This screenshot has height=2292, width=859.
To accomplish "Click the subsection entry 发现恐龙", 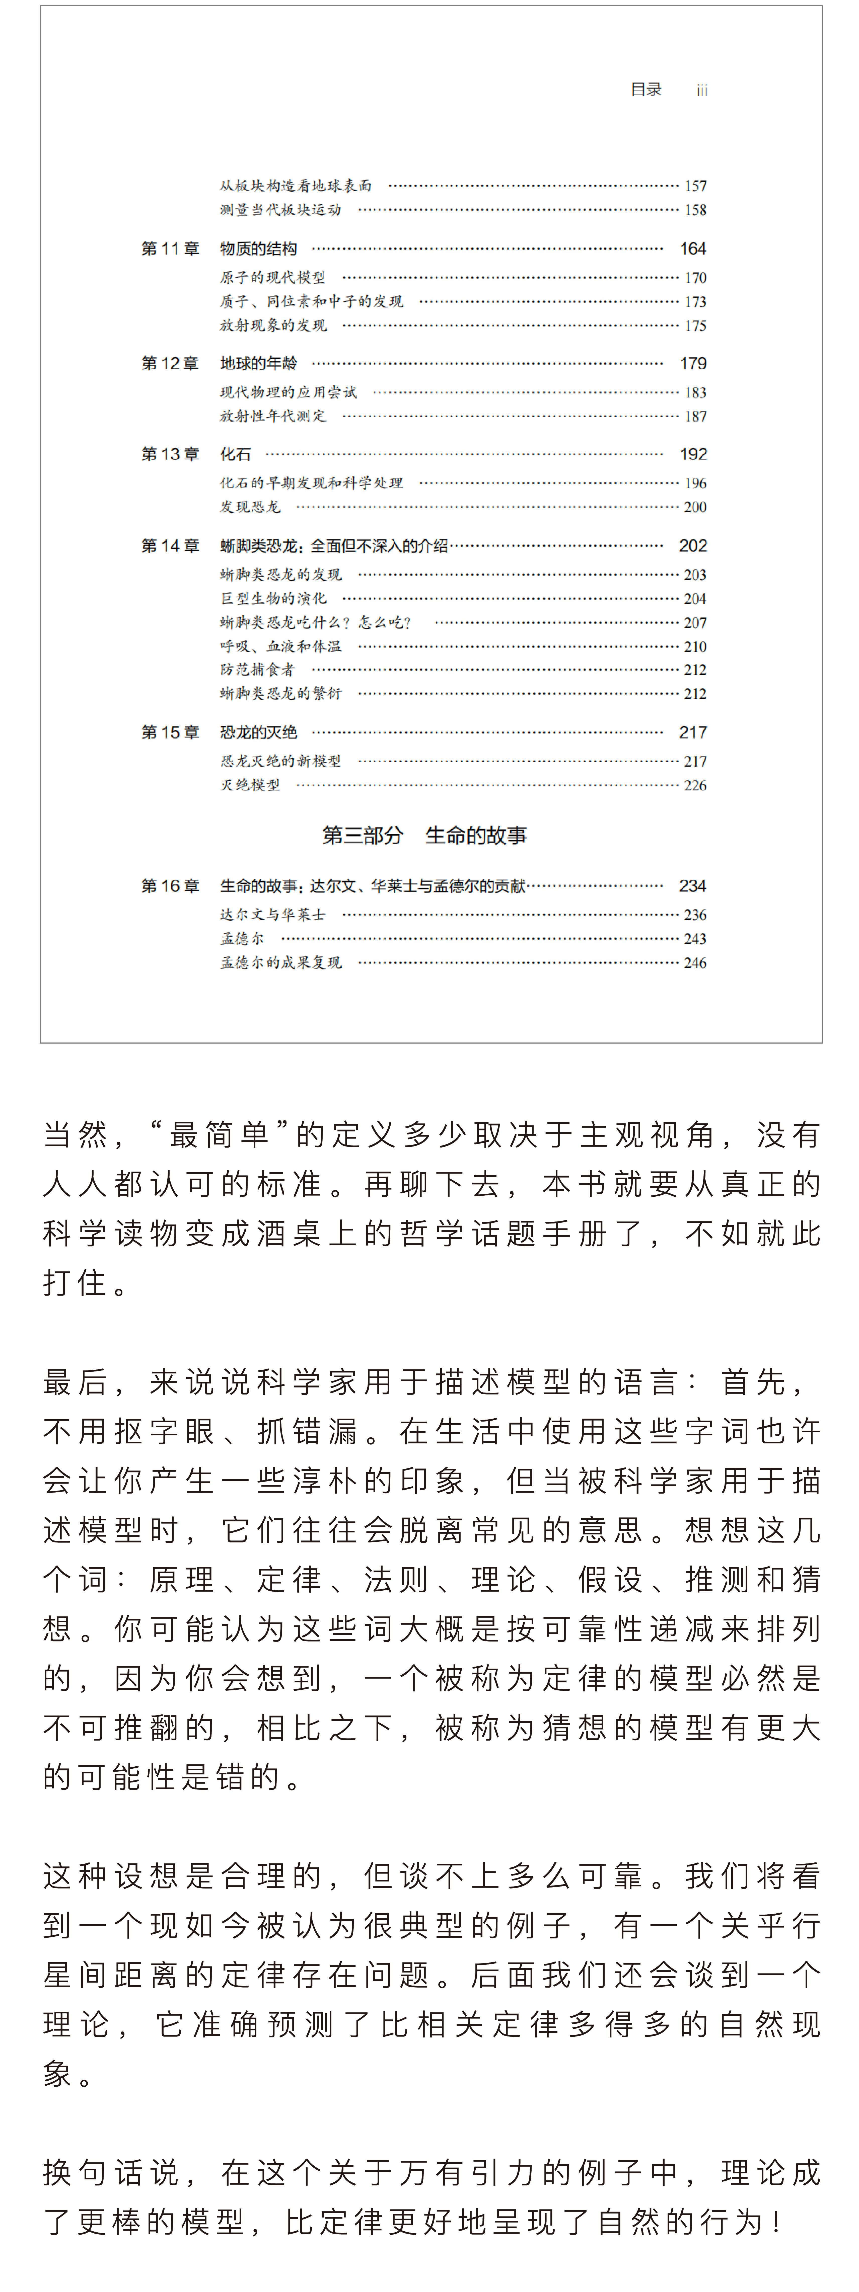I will (250, 507).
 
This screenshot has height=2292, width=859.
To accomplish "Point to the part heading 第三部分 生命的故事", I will (424, 836).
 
